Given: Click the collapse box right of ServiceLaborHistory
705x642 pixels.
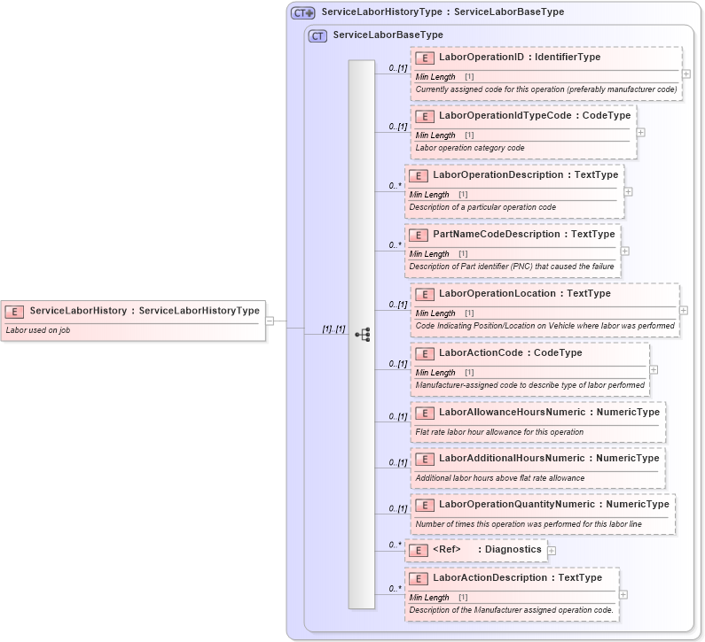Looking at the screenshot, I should [270, 321].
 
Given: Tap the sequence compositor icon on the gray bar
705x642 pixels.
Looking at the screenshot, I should [362, 335].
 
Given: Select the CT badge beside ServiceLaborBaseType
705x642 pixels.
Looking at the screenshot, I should [317, 35].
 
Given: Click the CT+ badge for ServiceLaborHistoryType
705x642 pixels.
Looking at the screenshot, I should [303, 12].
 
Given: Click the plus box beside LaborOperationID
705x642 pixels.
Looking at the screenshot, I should [686, 74].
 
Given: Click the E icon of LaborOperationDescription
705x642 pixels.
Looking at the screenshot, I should [419, 175].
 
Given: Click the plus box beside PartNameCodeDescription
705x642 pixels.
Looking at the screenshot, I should [625, 251].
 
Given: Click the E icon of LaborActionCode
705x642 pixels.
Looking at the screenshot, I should [425, 353].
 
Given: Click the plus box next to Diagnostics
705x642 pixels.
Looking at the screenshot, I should [552, 550].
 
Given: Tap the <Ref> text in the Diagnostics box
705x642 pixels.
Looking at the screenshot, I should [447, 549].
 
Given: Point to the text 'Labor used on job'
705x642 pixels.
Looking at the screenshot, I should [38, 330].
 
